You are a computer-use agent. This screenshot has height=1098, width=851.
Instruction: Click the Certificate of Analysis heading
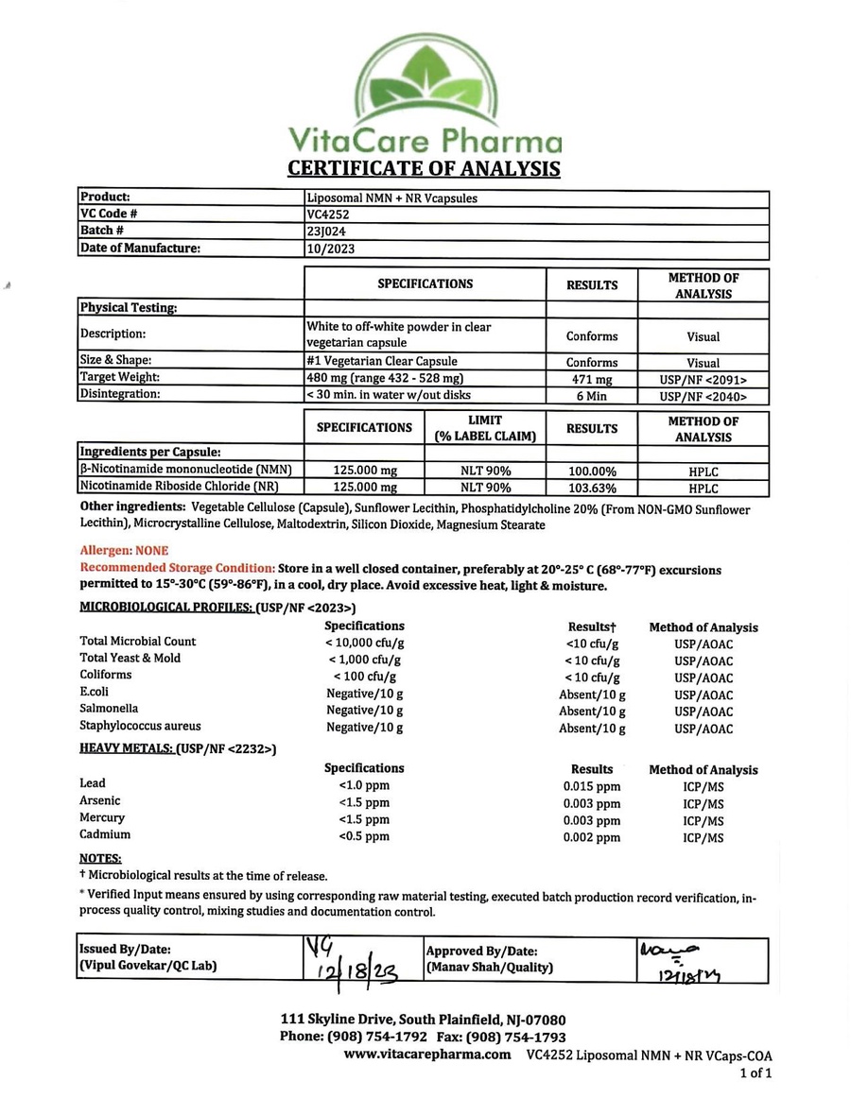coord(423,169)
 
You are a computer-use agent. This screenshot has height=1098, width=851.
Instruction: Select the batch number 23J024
coord(323,232)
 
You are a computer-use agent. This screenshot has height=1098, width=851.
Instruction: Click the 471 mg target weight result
coord(592,379)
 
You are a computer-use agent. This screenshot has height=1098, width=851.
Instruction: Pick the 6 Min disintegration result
coord(592,396)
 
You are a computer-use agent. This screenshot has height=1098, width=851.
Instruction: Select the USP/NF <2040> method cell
coord(703,397)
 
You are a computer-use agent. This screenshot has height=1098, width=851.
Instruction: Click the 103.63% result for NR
coord(592,489)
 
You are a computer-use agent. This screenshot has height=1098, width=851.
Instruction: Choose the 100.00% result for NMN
coord(592,471)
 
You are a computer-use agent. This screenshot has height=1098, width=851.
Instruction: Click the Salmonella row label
coord(109,709)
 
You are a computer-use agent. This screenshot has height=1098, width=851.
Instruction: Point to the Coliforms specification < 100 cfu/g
coord(364,677)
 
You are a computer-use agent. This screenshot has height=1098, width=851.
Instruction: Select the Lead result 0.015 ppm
coord(592,786)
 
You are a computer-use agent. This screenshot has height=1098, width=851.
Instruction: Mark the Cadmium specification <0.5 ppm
coord(364,837)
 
